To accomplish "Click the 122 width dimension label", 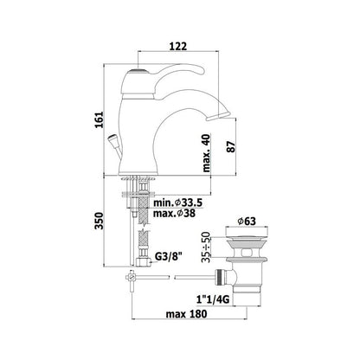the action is (x=178, y=46).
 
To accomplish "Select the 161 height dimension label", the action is (x=100, y=119).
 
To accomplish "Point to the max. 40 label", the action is (x=207, y=153).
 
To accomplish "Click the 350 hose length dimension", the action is (x=100, y=221).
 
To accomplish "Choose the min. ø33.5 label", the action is (x=177, y=202).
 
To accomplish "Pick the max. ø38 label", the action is (x=174, y=214).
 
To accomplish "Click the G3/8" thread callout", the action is (x=169, y=256).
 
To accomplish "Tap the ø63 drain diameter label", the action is (x=247, y=222).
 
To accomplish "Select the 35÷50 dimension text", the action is (x=206, y=247).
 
